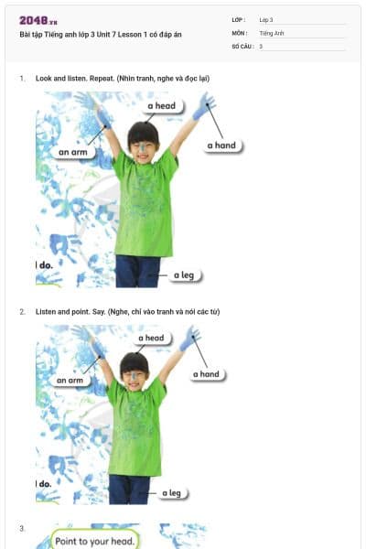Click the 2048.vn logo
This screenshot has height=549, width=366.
click(38, 19)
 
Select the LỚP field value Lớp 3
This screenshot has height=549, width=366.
click(266, 19)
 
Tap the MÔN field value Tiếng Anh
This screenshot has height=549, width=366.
click(272, 32)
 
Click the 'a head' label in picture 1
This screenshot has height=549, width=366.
click(161, 106)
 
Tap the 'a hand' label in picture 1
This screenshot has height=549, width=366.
click(221, 145)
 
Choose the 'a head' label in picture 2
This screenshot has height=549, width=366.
click(151, 339)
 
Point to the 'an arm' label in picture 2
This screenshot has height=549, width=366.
click(70, 380)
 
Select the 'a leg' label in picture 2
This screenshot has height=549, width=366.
click(171, 493)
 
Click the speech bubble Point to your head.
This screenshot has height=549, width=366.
click(94, 540)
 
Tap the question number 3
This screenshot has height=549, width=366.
click(22, 528)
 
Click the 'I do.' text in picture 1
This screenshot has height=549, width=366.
click(45, 264)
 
